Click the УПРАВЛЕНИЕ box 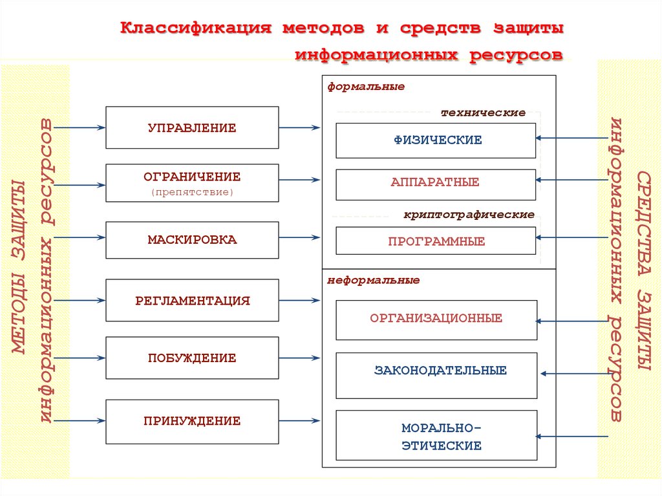[x=192, y=127]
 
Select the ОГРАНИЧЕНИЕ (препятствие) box [x=192, y=183]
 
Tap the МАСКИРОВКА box [x=192, y=240]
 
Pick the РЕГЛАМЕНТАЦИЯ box [x=192, y=300]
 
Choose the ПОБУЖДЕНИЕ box [x=192, y=358]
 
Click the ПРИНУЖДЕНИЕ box [x=192, y=421]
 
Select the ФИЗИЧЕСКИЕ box [x=436, y=140]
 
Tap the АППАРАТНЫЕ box [x=436, y=184]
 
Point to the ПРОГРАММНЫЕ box [x=436, y=241]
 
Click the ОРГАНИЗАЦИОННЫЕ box [x=436, y=319]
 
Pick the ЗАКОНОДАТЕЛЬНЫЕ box [x=436, y=375]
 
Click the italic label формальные [x=366, y=86]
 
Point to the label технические [x=483, y=113]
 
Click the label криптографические [x=469, y=214]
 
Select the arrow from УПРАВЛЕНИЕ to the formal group [x=300, y=128]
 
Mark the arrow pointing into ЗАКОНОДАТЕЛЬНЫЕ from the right [x=575, y=373]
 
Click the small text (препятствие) [x=192, y=192]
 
